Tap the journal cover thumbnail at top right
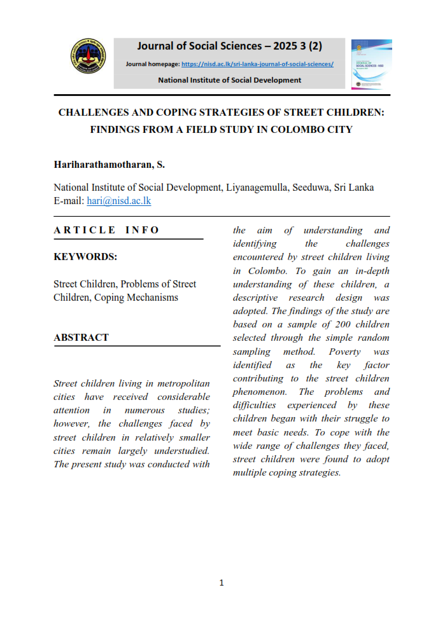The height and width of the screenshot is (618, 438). pos(371,64)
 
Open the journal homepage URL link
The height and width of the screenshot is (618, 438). pos(257,64)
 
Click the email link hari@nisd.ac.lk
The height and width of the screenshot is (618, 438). pos(118,200)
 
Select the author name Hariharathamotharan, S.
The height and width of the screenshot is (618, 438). pos(109,165)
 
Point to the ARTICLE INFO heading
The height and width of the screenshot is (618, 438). pos(106,230)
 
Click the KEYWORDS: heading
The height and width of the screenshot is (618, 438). pos(85,257)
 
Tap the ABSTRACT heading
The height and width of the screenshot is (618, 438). pos(81,338)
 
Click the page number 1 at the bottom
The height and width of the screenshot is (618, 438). pos(221,583)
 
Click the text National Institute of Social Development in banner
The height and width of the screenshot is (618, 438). pos(229,80)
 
